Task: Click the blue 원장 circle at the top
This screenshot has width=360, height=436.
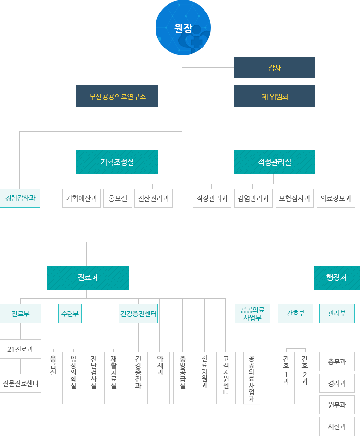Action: [x=183, y=28]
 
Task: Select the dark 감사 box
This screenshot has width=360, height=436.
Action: [x=274, y=67]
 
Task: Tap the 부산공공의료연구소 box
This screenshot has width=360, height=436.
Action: [x=117, y=96]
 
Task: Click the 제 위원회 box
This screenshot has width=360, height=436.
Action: [x=274, y=96]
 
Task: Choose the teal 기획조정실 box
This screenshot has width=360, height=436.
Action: [x=117, y=162]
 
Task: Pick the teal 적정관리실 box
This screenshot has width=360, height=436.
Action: [x=274, y=162]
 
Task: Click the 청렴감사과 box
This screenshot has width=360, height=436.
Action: [x=20, y=198]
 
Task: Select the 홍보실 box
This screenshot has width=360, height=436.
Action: [x=118, y=198]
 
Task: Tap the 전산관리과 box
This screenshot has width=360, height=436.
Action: [x=154, y=198]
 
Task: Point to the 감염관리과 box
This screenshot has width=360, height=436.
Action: [x=253, y=198]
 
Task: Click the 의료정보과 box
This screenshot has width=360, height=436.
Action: [x=336, y=198]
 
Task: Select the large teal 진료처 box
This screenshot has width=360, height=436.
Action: [x=88, y=278]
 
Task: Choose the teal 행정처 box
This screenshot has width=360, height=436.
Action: [x=336, y=278]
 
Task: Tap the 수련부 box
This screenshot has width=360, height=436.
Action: [x=70, y=314]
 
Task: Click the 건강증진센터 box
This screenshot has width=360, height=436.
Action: [x=138, y=314]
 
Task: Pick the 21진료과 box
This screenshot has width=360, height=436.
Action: [x=21, y=349]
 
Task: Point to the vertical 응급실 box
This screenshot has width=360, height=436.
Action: [x=53, y=378]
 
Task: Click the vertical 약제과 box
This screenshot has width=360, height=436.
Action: [x=160, y=378]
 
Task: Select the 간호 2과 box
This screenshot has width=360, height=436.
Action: [x=305, y=378]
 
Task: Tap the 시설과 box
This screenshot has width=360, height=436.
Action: [x=336, y=426]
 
